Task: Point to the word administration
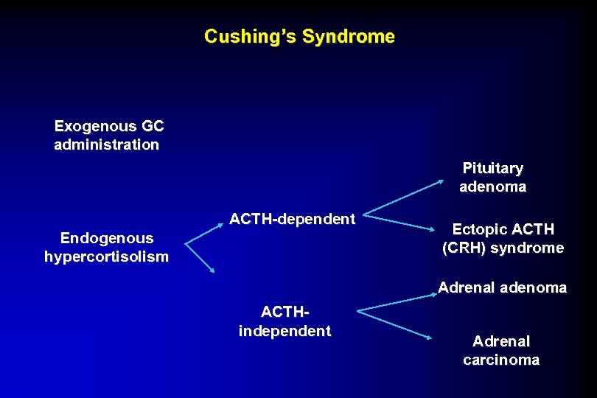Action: click(107, 144)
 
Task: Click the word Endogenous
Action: click(107, 238)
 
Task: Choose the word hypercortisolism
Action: click(107, 256)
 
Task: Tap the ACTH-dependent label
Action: click(293, 219)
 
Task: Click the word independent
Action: click(284, 331)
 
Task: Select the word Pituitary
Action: click(493, 169)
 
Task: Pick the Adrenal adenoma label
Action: click(503, 287)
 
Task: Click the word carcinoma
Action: click(501, 360)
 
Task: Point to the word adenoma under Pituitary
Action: click(493, 187)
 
